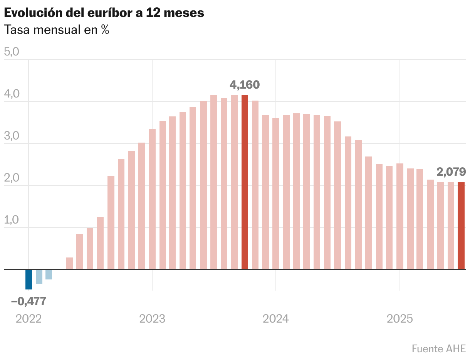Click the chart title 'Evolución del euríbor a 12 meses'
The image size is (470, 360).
tap(104, 13)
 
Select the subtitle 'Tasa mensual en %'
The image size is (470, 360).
tap(56, 30)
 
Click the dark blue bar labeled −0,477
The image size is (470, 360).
tap(29, 279)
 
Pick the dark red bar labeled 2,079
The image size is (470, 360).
tap(461, 225)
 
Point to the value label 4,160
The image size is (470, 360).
tap(245, 84)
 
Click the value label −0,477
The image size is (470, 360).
tap(29, 301)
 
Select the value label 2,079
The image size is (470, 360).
tap(452, 172)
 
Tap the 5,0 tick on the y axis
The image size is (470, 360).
tap(12, 52)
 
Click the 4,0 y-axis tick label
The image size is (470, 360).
tap(12, 94)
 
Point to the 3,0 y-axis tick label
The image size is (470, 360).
tap(12, 136)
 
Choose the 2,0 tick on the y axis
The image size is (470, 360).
tap(12, 178)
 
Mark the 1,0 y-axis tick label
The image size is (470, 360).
tap(12, 220)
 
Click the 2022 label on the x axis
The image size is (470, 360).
tap(29, 319)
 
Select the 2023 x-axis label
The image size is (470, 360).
tap(152, 319)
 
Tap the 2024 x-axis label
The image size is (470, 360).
tap(276, 319)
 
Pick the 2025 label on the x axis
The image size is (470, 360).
tap(400, 319)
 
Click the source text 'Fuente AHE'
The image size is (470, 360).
tap(439, 348)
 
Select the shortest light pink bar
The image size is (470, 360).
tap(69, 263)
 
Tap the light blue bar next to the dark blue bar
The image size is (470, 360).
tap(39, 276)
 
